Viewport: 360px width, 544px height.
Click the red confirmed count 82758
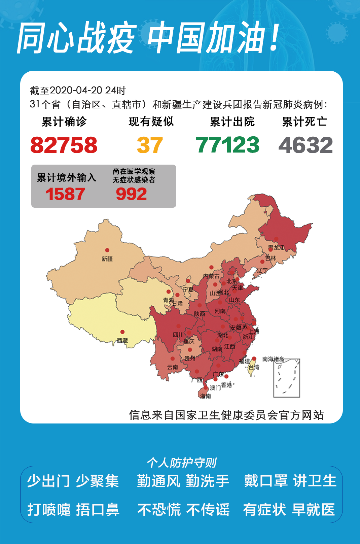point(64,145)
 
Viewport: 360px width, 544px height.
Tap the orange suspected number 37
point(150,145)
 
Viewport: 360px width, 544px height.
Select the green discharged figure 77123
point(227,145)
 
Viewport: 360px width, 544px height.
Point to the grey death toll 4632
point(305,145)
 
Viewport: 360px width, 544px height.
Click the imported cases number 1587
point(65,194)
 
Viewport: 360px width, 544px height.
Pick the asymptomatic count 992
point(131,194)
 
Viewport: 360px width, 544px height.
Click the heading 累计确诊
point(64,122)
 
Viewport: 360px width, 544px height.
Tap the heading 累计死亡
point(304,122)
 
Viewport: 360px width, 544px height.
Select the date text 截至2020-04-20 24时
point(78,90)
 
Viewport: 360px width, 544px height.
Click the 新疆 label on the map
point(107,259)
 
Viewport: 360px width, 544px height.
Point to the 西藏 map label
point(122,340)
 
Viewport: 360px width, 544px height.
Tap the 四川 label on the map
point(178,335)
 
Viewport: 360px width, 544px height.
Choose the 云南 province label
point(173,367)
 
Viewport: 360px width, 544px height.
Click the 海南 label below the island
point(205,396)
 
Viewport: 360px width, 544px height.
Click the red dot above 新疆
point(107,250)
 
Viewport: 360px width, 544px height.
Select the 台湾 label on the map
point(254,367)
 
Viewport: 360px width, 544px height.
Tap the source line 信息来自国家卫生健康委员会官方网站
point(226,415)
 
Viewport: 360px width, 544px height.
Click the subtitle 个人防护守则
point(182,463)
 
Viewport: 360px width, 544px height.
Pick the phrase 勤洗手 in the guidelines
point(208,481)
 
